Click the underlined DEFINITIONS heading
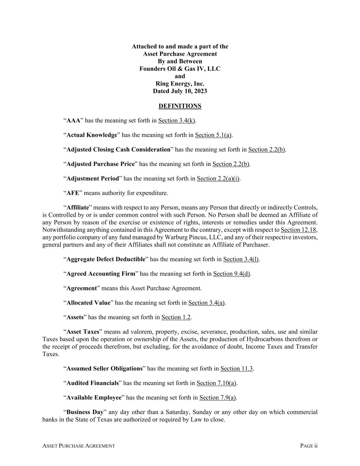[180, 106]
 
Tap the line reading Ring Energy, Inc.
[180, 84]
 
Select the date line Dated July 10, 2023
[180, 91]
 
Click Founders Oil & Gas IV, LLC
[180, 69]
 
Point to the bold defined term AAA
[73, 121]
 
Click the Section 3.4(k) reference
[176, 121]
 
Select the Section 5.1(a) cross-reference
[213, 135]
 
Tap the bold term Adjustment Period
[93, 179]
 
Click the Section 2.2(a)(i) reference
[218, 179]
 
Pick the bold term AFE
[73, 193]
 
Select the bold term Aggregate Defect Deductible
[106, 259]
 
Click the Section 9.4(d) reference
[232, 274]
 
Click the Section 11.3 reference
[236, 369]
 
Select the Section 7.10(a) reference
[216, 383]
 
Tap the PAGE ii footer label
[309, 446]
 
